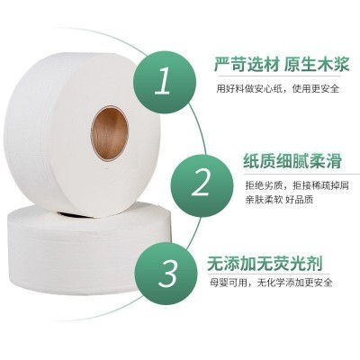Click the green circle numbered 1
pos(165,82)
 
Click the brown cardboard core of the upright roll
pos(110,133)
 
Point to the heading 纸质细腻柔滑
pos(292,161)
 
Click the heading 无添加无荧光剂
pos(265,264)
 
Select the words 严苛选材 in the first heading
pos(247,64)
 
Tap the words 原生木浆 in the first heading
pos(317,64)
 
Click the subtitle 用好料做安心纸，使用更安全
pos(278,88)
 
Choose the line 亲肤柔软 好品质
pos(279,200)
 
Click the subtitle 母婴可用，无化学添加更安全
pos(271,283)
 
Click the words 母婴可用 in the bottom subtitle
pos(229,283)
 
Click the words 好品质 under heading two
pos(300,200)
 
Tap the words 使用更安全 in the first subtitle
pos(316,88)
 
